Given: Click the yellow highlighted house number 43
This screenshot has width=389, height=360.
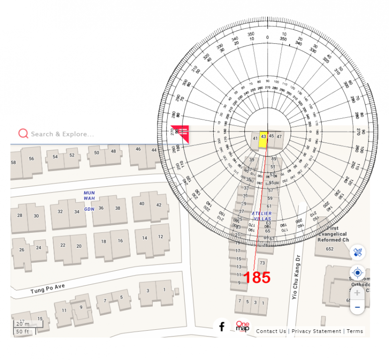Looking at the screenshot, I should pyautogui.click(x=263, y=136).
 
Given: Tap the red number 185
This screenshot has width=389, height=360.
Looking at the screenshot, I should pyautogui.click(x=256, y=277).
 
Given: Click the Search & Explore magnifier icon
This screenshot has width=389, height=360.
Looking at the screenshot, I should pyautogui.click(x=23, y=133).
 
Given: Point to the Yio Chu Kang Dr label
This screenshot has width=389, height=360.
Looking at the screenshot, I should pyautogui.click(x=296, y=277).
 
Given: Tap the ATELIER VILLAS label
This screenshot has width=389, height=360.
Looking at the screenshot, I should pyautogui.click(x=262, y=216).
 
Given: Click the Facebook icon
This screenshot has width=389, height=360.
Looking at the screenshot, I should pyautogui.click(x=222, y=327).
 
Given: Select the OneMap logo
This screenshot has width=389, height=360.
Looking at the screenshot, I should pyautogui.click(x=243, y=326).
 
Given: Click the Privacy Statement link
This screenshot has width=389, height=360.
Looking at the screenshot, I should pyautogui.click(x=316, y=331).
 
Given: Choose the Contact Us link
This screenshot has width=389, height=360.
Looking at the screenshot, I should pyautogui.click(x=271, y=331).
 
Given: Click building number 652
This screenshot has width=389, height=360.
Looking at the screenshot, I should pyautogui.click(x=329, y=249).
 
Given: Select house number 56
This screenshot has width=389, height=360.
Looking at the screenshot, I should pyautogui.click(x=31, y=158).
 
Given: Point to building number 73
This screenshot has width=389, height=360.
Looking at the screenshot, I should pyautogui.click(x=262, y=263).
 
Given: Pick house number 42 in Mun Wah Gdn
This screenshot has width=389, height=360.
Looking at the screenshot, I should pyautogui.click(x=159, y=205).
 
